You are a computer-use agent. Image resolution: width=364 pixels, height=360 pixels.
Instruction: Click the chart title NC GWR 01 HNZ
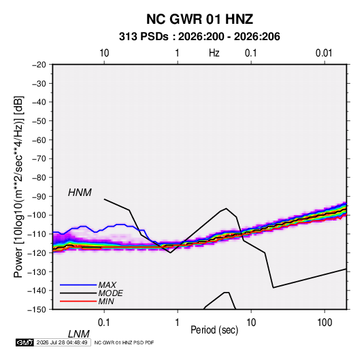pos(199,19)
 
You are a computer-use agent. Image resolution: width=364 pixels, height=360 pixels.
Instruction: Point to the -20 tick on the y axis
pos(39,65)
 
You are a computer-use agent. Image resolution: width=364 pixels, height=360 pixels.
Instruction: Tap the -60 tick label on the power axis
pos(39,140)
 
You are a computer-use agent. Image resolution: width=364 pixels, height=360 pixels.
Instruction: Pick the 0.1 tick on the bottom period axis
pos(104,323)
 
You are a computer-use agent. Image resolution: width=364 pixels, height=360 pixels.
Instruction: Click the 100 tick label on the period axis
pos(325,323)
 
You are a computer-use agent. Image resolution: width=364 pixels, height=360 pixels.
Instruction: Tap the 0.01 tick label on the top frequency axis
pos(324,53)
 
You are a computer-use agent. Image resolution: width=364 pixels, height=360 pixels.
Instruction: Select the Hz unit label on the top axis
pos(214,53)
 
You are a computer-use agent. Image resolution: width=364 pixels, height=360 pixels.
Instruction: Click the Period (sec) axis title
pos(214,330)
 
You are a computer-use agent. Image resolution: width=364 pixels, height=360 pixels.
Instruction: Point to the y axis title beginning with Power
pos(18,187)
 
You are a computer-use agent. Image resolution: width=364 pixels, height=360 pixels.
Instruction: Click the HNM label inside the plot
pos(80,193)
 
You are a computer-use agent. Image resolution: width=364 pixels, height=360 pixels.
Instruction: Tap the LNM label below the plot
pos(78,334)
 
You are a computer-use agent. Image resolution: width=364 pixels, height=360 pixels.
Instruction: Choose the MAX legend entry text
pos(107,285)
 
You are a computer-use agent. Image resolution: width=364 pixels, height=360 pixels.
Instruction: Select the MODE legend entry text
pos(110,293)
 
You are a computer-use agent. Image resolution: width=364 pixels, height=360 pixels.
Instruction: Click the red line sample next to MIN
pos(78,301)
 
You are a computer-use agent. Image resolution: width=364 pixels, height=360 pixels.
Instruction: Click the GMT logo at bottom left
pos(24,342)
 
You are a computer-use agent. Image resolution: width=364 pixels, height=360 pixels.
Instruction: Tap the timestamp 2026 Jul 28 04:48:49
pos(62,342)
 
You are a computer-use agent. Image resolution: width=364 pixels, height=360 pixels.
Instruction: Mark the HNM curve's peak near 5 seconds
pos(226,208)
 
